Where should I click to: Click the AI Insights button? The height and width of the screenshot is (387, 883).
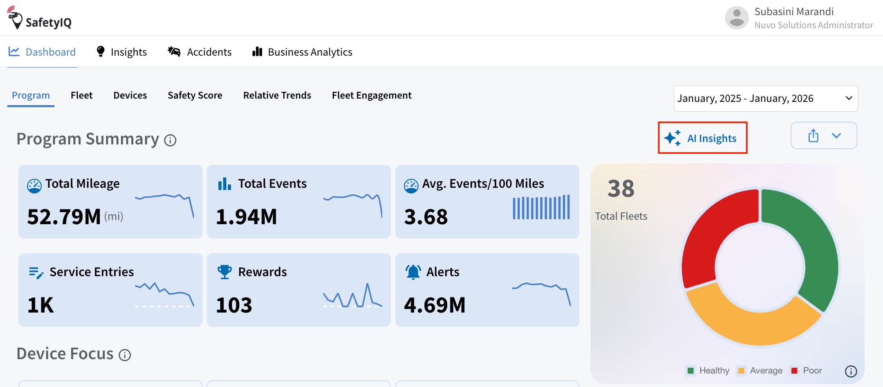(x=703, y=138)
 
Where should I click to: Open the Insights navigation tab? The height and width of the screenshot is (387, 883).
(x=121, y=52)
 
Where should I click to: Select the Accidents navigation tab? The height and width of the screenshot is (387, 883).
(x=200, y=52)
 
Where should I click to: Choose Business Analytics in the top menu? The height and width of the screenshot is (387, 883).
(x=302, y=52)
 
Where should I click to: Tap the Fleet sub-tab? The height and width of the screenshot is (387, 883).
(x=81, y=95)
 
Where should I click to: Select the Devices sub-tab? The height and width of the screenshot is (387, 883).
(x=130, y=95)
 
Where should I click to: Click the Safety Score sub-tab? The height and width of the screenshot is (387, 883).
(x=195, y=95)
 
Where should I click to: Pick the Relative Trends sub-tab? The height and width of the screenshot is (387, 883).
(x=277, y=95)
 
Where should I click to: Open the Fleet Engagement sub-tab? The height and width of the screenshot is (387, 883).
(x=372, y=95)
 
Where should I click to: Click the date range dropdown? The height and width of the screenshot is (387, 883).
(x=766, y=98)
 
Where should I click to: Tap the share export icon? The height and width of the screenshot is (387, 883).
(x=813, y=135)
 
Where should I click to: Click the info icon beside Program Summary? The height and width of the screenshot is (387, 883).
(x=170, y=140)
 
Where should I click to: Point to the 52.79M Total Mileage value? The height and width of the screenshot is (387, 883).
(x=64, y=216)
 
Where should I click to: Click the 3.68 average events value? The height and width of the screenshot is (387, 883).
(x=426, y=216)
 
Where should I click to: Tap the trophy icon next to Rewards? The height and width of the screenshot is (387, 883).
(x=225, y=272)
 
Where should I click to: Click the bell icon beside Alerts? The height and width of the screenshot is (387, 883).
(x=413, y=272)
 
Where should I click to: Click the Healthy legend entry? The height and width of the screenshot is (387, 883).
(x=708, y=371)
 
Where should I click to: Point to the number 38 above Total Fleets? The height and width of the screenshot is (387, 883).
(x=621, y=189)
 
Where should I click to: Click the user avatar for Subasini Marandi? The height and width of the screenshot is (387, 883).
(x=737, y=18)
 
